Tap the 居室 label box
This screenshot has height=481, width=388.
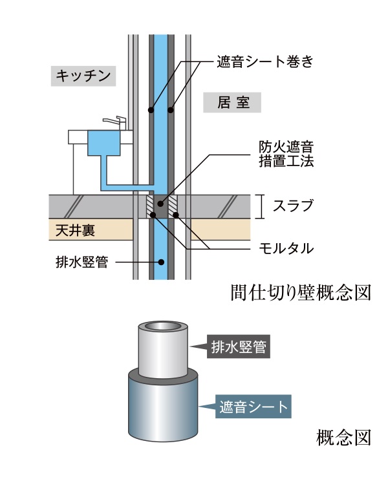click(231, 102)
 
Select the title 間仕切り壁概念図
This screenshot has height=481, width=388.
click(301, 292)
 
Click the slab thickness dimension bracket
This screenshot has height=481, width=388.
click(261, 206)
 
